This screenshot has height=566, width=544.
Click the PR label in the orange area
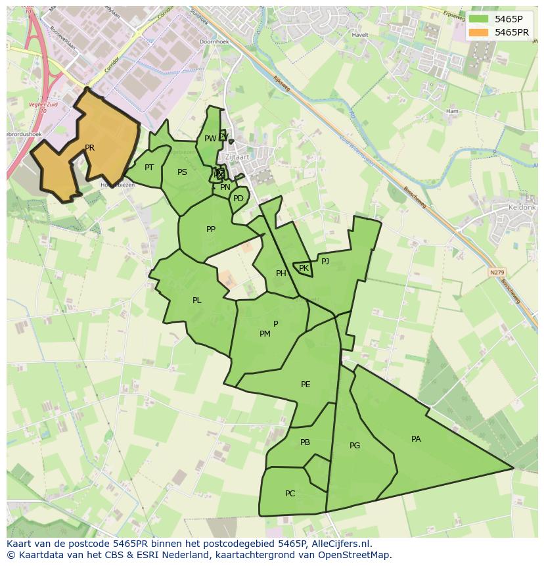(x=89, y=148)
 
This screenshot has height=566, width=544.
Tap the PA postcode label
(x=416, y=439)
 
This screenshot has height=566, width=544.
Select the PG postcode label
(x=355, y=446)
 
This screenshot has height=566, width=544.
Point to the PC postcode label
(x=290, y=494)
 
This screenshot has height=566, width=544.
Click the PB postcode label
(x=305, y=442)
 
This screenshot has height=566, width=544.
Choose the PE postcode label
(x=306, y=385)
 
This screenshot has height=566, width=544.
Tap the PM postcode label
(x=265, y=334)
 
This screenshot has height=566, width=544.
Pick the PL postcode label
(x=197, y=300)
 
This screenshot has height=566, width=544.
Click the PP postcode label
(x=211, y=229)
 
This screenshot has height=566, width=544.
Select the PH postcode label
(x=281, y=273)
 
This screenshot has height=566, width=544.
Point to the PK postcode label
(x=304, y=268)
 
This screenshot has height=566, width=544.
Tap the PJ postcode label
(x=325, y=261)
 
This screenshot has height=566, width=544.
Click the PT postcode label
(x=149, y=168)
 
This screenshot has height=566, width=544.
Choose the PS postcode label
(x=182, y=172)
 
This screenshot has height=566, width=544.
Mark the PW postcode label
(x=210, y=139)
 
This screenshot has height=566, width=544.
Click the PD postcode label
(x=238, y=198)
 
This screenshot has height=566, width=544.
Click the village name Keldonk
(x=522, y=207)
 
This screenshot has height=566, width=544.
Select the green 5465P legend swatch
(x=479, y=19)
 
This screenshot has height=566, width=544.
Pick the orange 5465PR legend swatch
(x=479, y=32)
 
